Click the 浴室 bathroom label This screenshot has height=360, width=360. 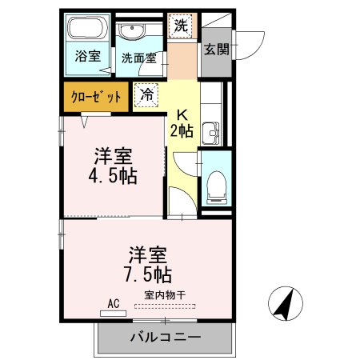click(x=87, y=56)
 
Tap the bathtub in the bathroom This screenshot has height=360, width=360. click(x=86, y=30)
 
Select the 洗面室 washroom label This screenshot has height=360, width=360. click(x=138, y=58)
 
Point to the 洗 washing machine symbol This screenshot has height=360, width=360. click(x=182, y=26)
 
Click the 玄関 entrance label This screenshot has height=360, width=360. click(x=215, y=50)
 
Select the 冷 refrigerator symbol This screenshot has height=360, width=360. click(x=146, y=94)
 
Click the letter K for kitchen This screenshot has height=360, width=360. click(x=182, y=114)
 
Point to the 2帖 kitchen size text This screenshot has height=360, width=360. click(x=182, y=131)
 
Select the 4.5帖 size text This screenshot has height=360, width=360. click(x=112, y=175)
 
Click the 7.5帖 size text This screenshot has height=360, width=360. click(x=147, y=274)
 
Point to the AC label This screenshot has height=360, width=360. click(x=112, y=304)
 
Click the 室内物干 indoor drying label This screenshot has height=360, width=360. click(x=162, y=295)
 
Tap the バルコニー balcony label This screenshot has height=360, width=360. click(x=166, y=338)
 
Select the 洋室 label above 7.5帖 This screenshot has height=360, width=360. click(x=147, y=255)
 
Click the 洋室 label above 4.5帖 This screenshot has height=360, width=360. click(x=112, y=155)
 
